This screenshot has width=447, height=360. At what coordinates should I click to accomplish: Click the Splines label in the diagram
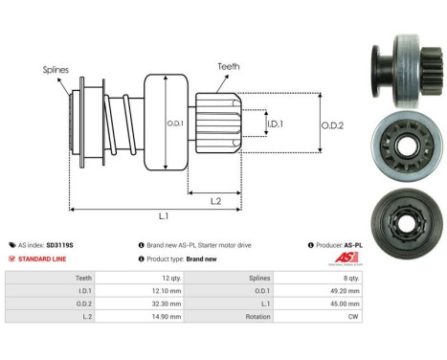56,69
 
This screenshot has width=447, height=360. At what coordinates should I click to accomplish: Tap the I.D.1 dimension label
275,124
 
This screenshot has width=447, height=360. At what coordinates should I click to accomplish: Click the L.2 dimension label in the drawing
216,200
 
